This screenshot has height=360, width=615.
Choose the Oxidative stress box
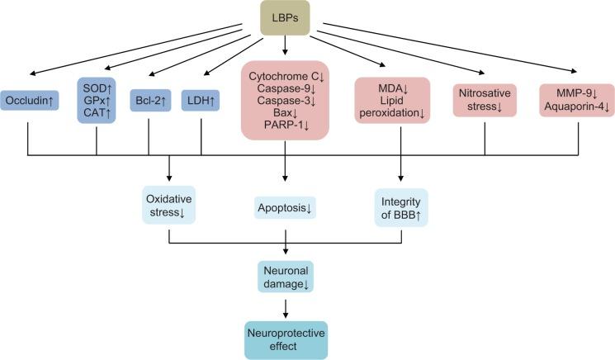[168, 207]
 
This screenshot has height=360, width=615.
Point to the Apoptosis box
[286, 208]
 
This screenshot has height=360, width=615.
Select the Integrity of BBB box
[401, 207]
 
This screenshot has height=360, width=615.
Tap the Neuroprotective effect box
[286, 339]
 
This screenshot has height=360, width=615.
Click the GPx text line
[97, 98]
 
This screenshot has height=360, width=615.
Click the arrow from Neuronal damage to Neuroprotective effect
[286, 306]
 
